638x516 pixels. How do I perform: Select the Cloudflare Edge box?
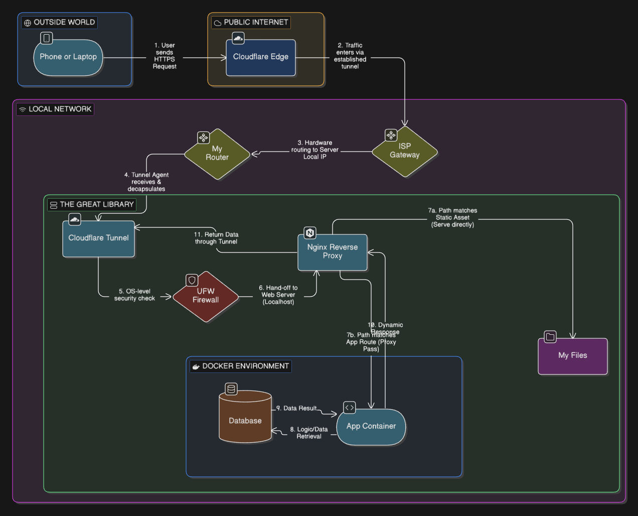(261, 58)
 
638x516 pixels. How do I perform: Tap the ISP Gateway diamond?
(405, 151)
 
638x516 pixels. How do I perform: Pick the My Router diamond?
(217, 154)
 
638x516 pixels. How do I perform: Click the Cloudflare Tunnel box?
(98, 239)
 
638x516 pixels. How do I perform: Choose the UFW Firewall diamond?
(206, 296)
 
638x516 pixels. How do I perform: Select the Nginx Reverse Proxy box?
(333, 252)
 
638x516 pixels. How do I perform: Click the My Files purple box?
(572, 356)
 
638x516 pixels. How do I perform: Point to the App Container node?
(371, 427)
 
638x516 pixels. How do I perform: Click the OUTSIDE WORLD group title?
(59, 23)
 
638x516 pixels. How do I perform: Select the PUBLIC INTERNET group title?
(251, 23)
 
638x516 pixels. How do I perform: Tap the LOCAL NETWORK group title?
(55, 109)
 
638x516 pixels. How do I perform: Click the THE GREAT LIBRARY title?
(92, 205)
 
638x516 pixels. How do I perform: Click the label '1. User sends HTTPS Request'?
(165, 56)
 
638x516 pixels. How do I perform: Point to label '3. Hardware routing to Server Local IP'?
(315, 150)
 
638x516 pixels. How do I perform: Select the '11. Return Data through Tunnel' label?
(216, 238)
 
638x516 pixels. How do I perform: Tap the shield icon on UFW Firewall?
(192, 280)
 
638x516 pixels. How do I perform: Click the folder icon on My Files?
(550, 337)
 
